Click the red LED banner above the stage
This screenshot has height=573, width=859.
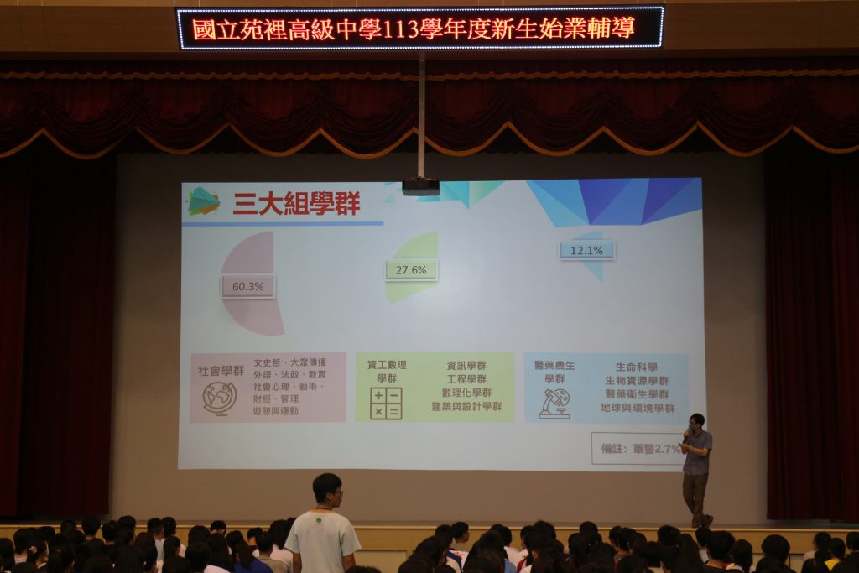click(x=419, y=29)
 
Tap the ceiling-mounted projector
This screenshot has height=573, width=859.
click(x=420, y=186)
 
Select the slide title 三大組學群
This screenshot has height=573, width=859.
click(x=296, y=203)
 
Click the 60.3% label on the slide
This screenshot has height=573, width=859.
click(x=247, y=287)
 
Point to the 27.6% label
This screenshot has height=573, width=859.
click(x=411, y=270)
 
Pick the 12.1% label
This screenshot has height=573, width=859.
click(x=586, y=250)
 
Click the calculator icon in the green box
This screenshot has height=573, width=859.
click(x=386, y=403)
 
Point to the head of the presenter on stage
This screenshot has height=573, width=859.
click(x=696, y=420)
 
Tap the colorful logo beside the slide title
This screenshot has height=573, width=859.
click(x=204, y=201)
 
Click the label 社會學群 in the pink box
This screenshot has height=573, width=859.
click(x=221, y=370)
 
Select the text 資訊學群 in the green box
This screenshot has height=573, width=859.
click(x=466, y=366)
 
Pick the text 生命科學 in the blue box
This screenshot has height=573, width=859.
click(x=636, y=367)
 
